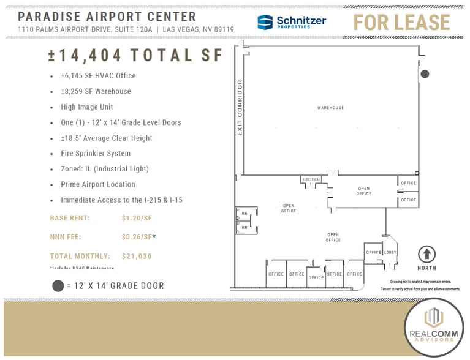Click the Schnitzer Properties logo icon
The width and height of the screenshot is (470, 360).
click(265, 23)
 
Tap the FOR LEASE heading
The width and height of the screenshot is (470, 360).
click(401, 23)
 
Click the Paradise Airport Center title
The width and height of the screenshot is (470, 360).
click(107, 17)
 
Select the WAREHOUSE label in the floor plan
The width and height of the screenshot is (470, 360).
click(330, 108)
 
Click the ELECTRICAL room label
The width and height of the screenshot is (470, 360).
click(311, 179)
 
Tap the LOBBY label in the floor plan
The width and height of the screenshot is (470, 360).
click(390, 252)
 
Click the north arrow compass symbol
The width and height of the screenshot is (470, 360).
click(426, 254)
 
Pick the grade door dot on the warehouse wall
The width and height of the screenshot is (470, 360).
click(425, 74)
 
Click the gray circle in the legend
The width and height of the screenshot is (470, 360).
click(58, 286)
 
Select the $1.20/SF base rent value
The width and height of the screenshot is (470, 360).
click(137, 217)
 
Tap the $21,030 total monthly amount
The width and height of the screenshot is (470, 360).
click(137, 256)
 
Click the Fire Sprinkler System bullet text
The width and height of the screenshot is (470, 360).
click(95, 153)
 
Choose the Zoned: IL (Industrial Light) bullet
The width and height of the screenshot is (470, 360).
click(104, 168)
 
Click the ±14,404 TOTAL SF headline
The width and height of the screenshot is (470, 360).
click(135, 55)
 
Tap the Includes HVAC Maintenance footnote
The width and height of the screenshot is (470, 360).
click(81, 268)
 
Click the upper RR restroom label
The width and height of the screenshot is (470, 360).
click(244, 214)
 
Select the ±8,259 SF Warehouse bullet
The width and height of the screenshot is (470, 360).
click(96, 91)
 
